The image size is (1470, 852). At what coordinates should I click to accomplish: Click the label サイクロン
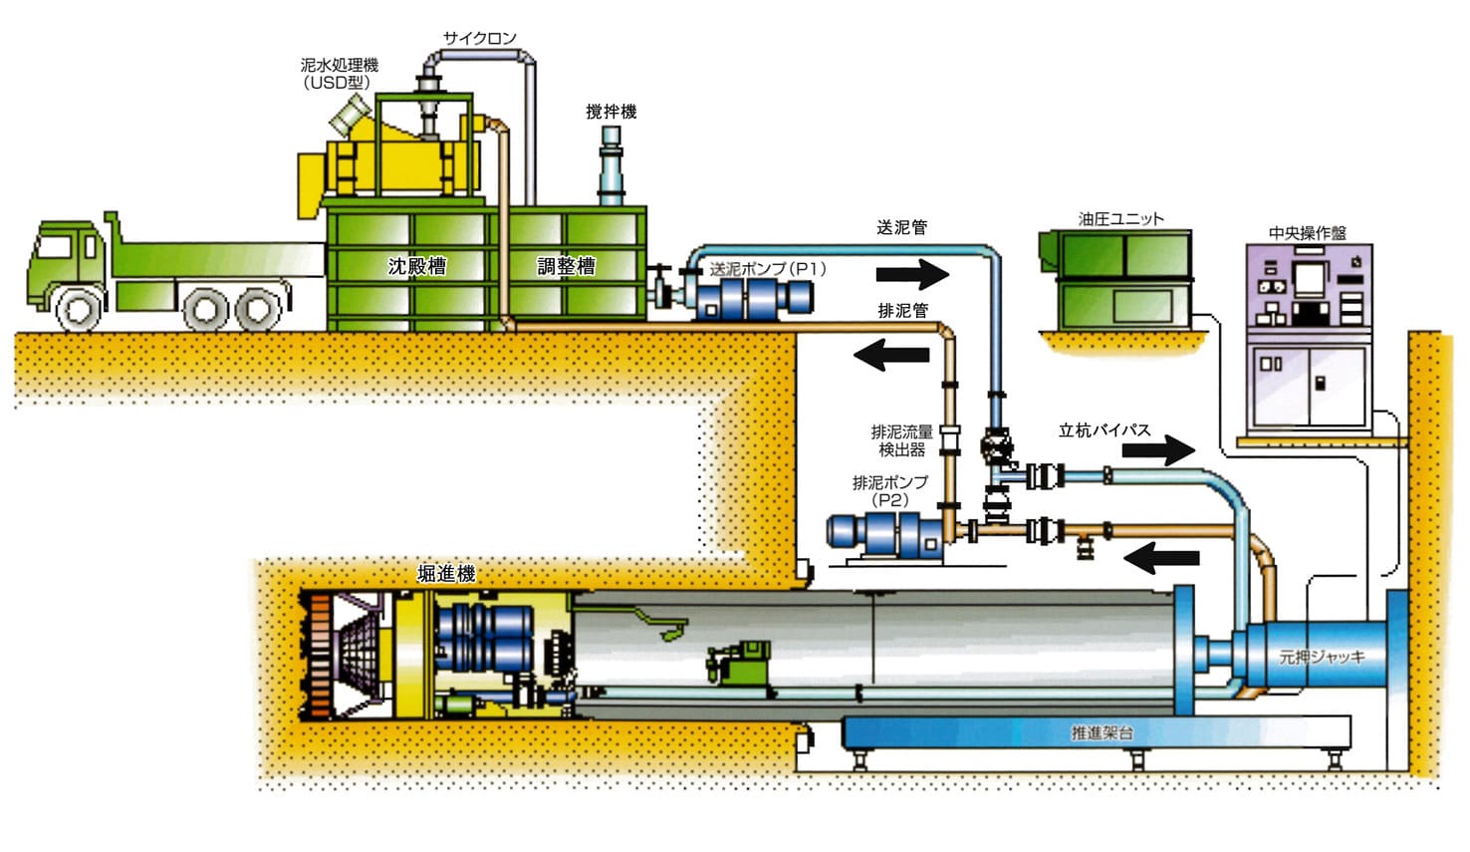pyautogui.click(x=480, y=38)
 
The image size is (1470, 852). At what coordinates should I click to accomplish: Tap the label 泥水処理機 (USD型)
pyautogui.click(x=340, y=74)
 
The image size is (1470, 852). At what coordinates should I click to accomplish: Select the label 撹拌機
pyautogui.click(x=611, y=112)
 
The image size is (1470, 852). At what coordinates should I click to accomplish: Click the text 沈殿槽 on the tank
pyautogui.click(x=416, y=266)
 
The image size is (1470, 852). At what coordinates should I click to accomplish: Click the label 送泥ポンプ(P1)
pyautogui.click(x=767, y=269)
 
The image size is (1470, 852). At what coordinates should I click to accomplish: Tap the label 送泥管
pyautogui.click(x=901, y=227)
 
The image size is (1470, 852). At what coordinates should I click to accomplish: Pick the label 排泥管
pyautogui.click(x=902, y=310)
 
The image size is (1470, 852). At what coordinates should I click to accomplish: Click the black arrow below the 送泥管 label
pyautogui.click(x=913, y=272)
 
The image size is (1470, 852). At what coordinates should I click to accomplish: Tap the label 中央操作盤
pyautogui.click(x=1308, y=232)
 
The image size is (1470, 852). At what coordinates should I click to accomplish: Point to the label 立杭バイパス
pyautogui.click(x=1104, y=430)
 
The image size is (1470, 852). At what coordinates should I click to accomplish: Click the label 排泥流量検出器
pyautogui.click(x=901, y=440)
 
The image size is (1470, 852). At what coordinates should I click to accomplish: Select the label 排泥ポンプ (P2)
pyautogui.click(x=889, y=490)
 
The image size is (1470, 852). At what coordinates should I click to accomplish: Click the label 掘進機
pyautogui.click(x=445, y=574)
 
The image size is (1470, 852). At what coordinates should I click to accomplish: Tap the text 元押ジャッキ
pyautogui.click(x=1322, y=657)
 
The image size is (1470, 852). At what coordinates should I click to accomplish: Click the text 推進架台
pyautogui.click(x=1102, y=732)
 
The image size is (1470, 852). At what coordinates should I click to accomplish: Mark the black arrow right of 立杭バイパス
pyautogui.click(x=1158, y=450)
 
